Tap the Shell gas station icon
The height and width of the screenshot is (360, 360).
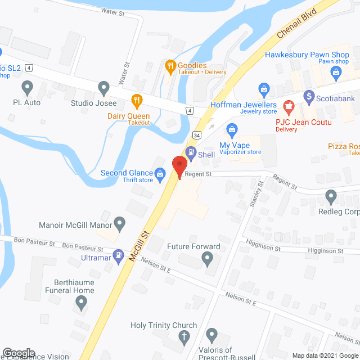(191, 152)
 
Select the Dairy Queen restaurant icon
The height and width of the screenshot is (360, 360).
(136, 101)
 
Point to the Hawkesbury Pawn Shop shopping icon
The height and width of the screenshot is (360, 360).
(336, 71)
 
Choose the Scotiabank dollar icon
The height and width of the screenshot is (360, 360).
(308, 96)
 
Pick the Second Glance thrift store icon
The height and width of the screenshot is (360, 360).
(160, 173)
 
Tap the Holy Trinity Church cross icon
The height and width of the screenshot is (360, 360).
(183, 336)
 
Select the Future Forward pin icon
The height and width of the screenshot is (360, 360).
(207, 259)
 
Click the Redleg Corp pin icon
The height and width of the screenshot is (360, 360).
(331, 197)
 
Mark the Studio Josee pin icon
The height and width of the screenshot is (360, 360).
(103, 88)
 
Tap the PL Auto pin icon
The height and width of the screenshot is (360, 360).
(27, 88)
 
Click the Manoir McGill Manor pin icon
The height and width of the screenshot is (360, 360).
(119, 224)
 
